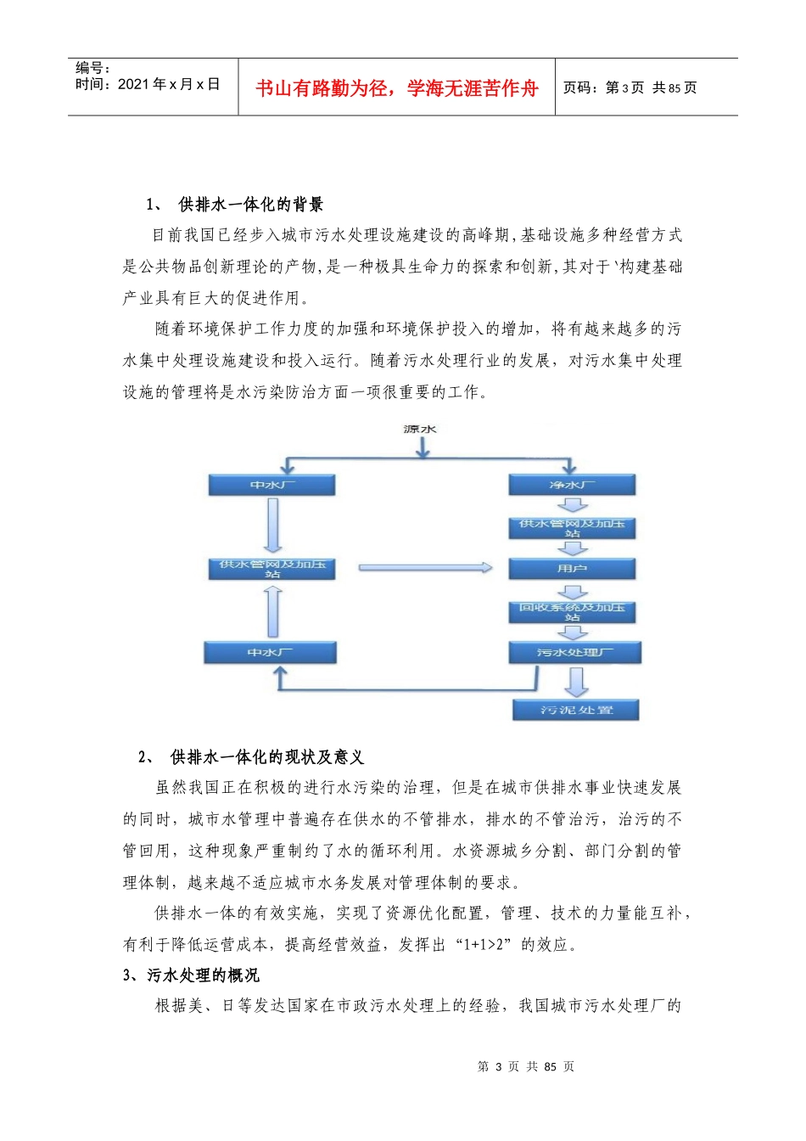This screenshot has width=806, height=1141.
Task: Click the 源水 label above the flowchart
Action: coord(420,430)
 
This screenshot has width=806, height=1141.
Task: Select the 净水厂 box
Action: coord(572,485)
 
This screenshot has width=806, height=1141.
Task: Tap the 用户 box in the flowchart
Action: coord(572,568)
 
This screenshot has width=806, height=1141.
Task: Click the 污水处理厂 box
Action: coord(574,652)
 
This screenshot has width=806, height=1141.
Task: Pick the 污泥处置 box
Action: coord(576,710)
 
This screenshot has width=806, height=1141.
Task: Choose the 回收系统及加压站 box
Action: coord(572,611)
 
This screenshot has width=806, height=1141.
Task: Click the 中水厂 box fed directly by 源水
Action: coord(271,485)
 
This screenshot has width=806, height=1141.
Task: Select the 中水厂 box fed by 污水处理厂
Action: coord(270,652)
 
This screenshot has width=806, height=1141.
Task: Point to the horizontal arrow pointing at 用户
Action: coord(424,568)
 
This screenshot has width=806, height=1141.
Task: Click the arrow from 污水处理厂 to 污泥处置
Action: coord(577,681)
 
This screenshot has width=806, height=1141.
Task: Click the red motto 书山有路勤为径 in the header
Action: coord(397,88)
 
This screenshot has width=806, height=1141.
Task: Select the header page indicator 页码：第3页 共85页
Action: coord(630,87)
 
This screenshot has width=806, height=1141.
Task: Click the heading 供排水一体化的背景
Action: coord(250,205)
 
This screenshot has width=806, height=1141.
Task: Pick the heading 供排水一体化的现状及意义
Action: coord(266,757)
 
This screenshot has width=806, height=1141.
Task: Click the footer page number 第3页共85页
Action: coord(526,1067)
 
